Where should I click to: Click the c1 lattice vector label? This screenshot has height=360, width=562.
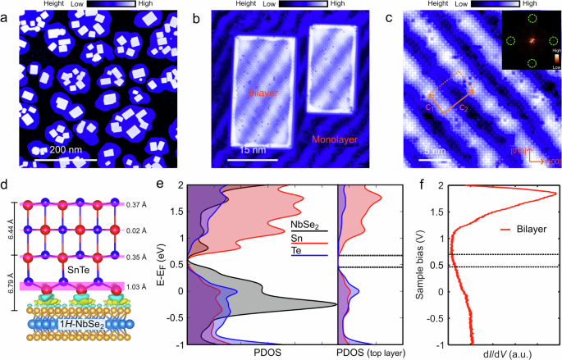click(x=431, y=107)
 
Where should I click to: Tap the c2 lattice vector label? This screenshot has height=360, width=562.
click(x=464, y=107)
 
